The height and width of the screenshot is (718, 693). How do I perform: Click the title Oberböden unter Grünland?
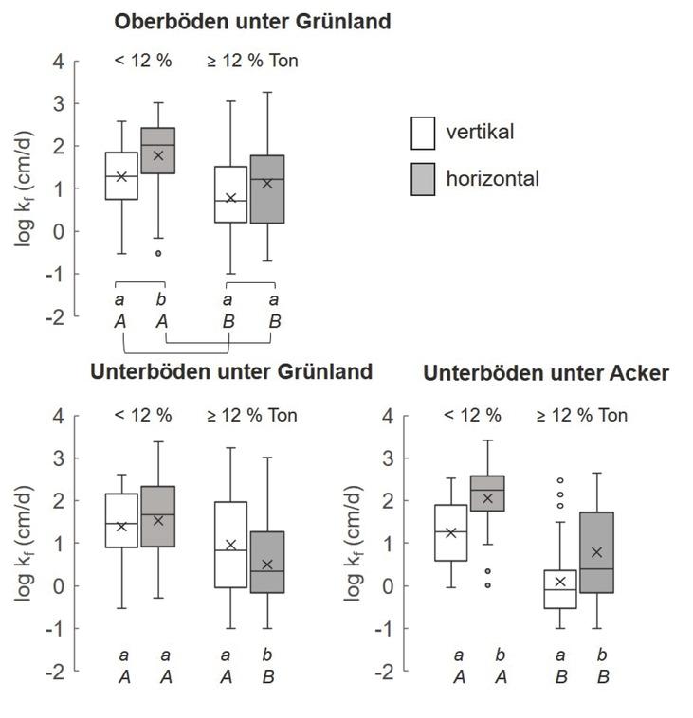[251, 22]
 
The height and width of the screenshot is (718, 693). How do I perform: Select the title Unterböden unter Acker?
[546, 373]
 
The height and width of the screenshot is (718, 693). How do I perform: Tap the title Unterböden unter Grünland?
[231, 371]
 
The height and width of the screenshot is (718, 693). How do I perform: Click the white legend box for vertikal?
[423, 134]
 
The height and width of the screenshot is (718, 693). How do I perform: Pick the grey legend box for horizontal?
[423, 178]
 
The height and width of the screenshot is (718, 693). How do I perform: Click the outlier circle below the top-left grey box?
[158, 253]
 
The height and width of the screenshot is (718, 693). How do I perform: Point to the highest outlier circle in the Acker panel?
[559, 481]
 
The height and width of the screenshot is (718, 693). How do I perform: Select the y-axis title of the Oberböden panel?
[26, 189]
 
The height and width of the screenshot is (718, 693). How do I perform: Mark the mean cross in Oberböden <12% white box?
[121, 176]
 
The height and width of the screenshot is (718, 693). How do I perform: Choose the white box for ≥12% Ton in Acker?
[559, 589]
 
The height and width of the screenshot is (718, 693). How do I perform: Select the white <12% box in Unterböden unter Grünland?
[121, 520]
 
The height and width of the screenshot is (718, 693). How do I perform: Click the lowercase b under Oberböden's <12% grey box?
[164, 300]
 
